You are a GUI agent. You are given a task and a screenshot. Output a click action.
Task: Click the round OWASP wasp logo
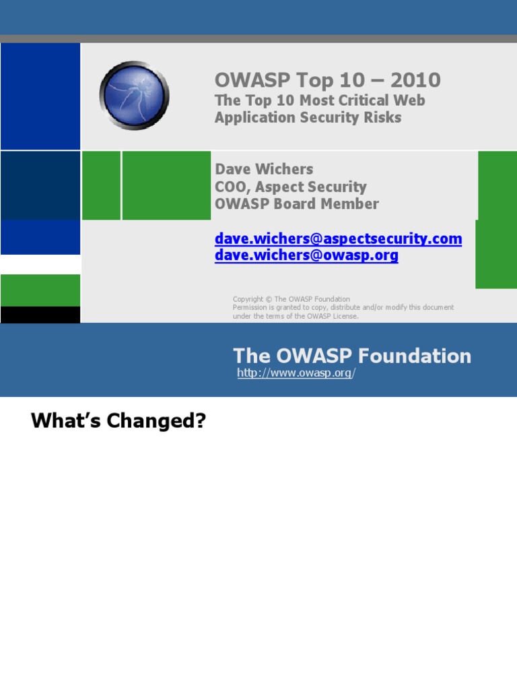pos(134,95)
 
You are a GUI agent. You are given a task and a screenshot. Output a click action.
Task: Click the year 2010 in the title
pos(415,80)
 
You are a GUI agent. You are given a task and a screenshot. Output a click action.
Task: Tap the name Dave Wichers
pos(264,169)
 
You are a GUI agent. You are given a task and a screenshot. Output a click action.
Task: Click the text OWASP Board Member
pos(296,203)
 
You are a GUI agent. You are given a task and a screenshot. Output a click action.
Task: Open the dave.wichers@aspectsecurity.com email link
pos(338,239)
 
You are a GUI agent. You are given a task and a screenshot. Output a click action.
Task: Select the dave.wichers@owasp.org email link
pos(306,255)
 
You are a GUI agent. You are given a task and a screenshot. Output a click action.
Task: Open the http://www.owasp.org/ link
pos(295,373)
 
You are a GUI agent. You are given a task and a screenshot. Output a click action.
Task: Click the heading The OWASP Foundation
pos(352,356)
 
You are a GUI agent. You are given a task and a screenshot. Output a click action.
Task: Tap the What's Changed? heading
pos(118,421)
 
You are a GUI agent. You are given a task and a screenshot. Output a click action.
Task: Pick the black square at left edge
pos(40,315)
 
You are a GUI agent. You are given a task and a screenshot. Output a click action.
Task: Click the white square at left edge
pos(40,264)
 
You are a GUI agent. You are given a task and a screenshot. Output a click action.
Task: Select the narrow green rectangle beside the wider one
pos(101,185)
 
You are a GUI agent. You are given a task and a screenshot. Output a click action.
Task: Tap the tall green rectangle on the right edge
pos(496,219)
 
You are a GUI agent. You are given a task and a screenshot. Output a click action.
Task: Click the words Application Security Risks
pos(308,117)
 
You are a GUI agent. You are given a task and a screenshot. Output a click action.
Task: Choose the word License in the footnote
pos(344,316)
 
